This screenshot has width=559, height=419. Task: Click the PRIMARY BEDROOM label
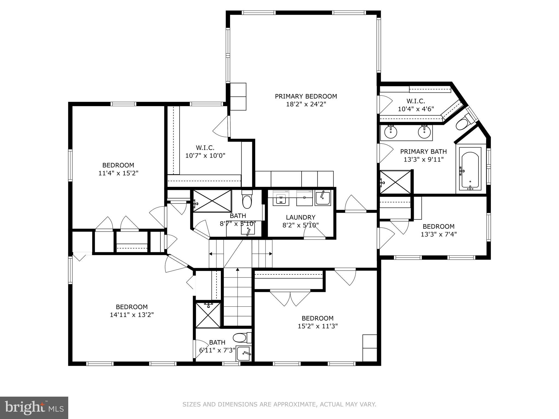click(306, 96)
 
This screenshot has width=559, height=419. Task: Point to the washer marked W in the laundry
click(281, 198)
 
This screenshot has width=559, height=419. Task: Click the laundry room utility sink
click(323, 198)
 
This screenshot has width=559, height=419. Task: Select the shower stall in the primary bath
click(396, 182)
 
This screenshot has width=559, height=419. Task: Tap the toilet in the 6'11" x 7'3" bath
click(240, 338)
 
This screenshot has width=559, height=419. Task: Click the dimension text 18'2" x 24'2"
click(306, 104)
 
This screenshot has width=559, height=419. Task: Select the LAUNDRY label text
click(301, 217)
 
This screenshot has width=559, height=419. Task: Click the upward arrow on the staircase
click(237, 270)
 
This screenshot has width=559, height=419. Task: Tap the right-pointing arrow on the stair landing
click(270, 254)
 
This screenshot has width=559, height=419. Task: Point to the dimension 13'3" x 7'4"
click(439, 234)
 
